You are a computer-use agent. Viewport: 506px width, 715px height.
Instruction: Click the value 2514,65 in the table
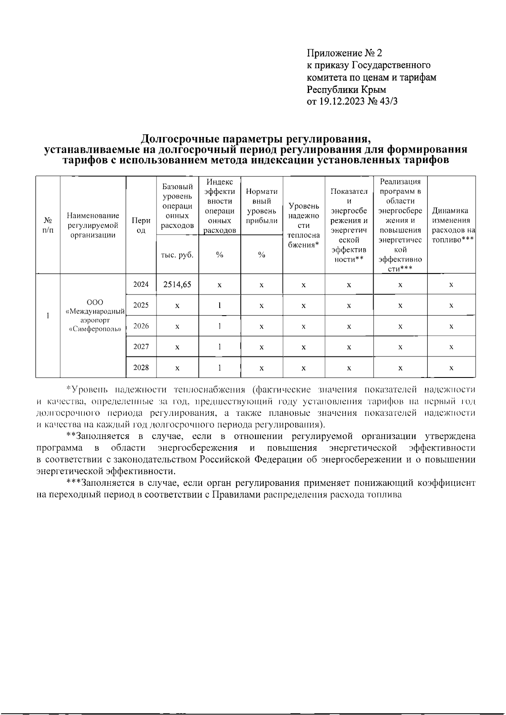pyautogui.click(x=177, y=284)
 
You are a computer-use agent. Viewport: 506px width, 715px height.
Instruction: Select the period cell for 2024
pyautogui.click(x=141, y=284)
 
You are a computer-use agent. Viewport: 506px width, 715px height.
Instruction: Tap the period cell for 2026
pyautogui.click(x=141, y=326)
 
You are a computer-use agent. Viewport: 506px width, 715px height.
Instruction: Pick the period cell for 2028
pyautogui.click(x=141, y=367)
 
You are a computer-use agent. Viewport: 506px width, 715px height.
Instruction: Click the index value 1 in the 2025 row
pyautogui.click(x=220, y=305)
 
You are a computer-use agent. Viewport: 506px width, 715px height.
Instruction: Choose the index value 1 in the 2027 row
pyautogui.click(x=220, y=347)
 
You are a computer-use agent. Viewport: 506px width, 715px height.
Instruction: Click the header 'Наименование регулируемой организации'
pyautogui.click(x=93, y=225)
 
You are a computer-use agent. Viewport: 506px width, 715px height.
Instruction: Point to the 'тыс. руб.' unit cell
pyautogui.click(x=177, y=255)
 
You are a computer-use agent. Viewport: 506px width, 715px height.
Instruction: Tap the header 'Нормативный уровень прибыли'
pyautogui.click(x=261, y=206)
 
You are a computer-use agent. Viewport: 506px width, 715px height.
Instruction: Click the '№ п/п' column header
pyautogui.click(x=48, y=225)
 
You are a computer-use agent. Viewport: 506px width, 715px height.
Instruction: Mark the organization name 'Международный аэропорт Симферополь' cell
pyautogui.click(x=93, y=316)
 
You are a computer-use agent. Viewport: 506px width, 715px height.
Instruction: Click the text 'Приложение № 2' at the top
pyautogui.click(x=344, y=53)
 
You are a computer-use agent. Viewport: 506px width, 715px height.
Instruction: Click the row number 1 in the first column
pyautogui.click(x=48, y=316)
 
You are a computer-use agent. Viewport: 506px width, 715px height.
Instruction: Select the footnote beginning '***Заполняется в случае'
pyautogui.click(x=270, y=483)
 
